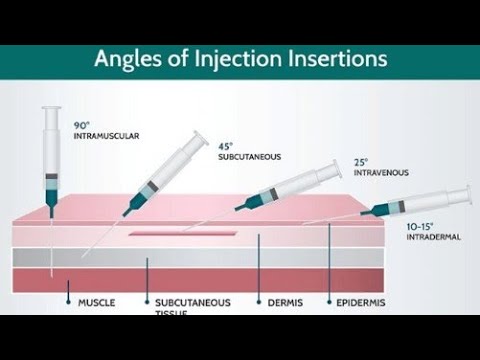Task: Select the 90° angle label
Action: point(81,125)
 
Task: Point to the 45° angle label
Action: point(225,146)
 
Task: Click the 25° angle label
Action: point(363,161)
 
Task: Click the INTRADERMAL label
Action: point(431,238)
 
